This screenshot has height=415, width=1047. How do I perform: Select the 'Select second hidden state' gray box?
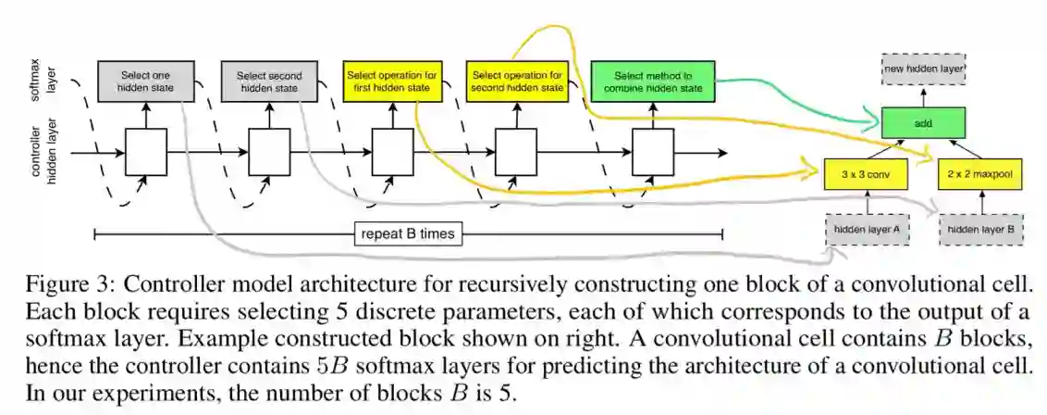(267, 81)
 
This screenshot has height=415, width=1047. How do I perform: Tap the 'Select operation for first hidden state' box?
(392, 81)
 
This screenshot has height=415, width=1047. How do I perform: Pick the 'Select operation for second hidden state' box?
(517, 81)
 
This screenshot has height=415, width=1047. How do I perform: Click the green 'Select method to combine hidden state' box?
(653, 81)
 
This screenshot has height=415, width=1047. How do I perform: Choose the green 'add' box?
(923, 121)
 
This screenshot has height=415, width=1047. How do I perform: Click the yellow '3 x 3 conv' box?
(862, 173)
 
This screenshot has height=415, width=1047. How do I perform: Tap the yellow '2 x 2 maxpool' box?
(978, 173)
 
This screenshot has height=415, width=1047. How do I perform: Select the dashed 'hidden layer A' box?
(867, 228)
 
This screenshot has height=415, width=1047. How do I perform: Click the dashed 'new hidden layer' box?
(923, 69)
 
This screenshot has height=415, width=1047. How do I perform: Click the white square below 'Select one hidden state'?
(146, 151)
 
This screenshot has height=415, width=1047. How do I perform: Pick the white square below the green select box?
(653, 151)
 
